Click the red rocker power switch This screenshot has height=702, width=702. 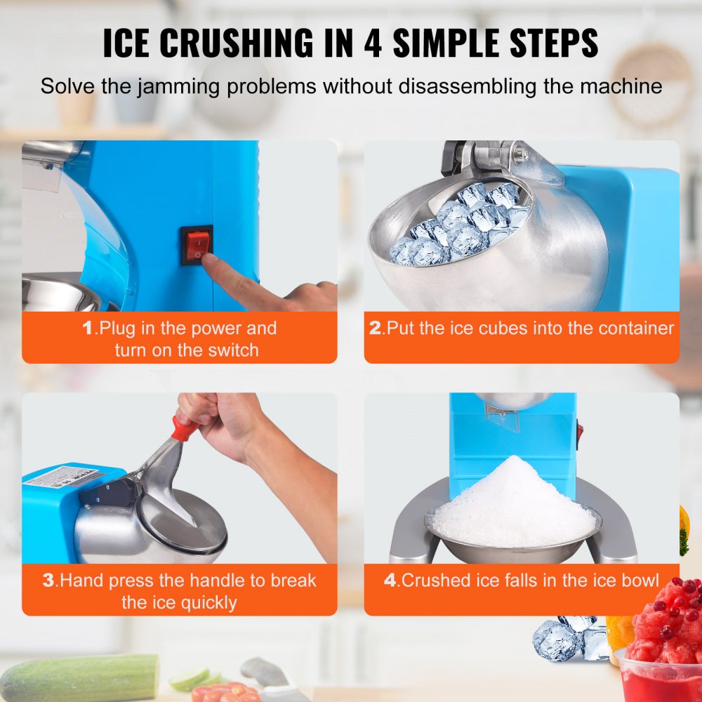click(197, 245)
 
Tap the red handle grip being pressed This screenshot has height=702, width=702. click(185, 428)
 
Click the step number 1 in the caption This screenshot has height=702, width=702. click(88, 328)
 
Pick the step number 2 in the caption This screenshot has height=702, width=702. click(376, 328)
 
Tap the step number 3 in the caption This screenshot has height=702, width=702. click(48, 581)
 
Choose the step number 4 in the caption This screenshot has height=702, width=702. click(390, 581)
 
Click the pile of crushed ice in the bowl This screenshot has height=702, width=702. click(513, 498)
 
